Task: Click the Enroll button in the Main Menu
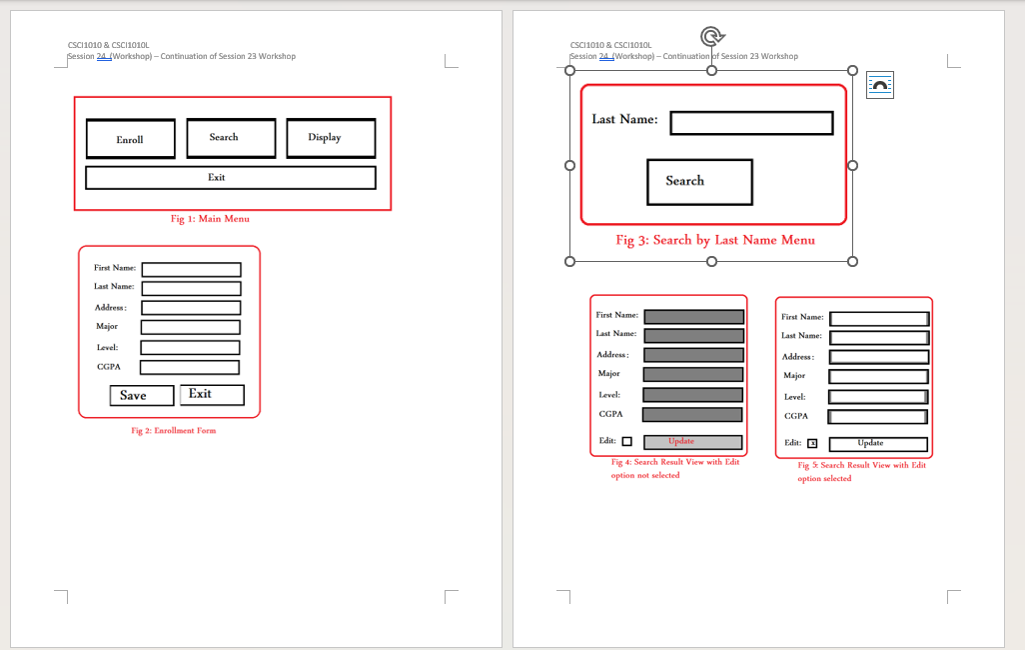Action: (x=130, y=139)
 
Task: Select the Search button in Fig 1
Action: (x=231, y=138)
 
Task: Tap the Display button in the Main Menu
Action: (x=331, y=138)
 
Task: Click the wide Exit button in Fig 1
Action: (x=230, y=178)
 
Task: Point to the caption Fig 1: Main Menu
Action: (x=210, y=219)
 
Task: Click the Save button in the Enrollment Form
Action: (x=141, y=396)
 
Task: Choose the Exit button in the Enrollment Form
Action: (x=212, y=395)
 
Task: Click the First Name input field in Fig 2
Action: (x=191, y=269)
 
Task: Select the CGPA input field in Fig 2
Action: (x=189, y=367)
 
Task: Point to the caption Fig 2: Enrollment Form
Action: (x=173, y=431)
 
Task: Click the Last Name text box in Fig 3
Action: (x=751, y=123)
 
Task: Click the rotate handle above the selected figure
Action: (x=711, y=37)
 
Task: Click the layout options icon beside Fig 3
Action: (x=879, y=86)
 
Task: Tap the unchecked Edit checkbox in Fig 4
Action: (x=627, y=442)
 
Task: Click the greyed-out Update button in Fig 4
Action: (x=692, y=442)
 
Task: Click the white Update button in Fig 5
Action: (x=877, y=444)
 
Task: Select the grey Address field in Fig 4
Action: (x=693, y=355)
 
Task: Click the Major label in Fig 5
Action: (x=793, y=376)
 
